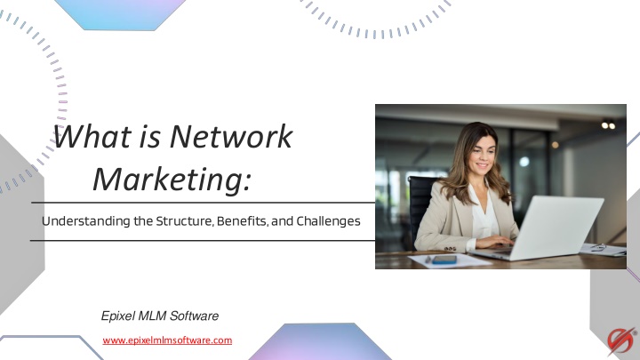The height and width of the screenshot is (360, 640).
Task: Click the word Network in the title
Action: click(x=231, y=136)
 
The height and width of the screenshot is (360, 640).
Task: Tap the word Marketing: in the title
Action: click(x=172, y=179)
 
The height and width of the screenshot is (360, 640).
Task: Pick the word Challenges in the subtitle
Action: click(x=328, y=221)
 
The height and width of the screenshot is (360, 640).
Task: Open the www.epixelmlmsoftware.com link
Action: click(x=167, y=340)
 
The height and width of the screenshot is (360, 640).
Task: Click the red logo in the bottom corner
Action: click(x=621, y=340)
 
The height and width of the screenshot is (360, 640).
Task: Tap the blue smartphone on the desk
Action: click(x=444, y=260)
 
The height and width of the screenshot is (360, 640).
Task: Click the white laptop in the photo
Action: click(x=543, y=229)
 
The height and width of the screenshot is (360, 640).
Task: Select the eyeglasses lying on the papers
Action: click(x=599, y=247)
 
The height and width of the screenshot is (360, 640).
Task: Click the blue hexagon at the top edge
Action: click(x=120, y=15)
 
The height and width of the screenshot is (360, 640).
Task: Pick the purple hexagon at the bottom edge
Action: click(x=319, y=342)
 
